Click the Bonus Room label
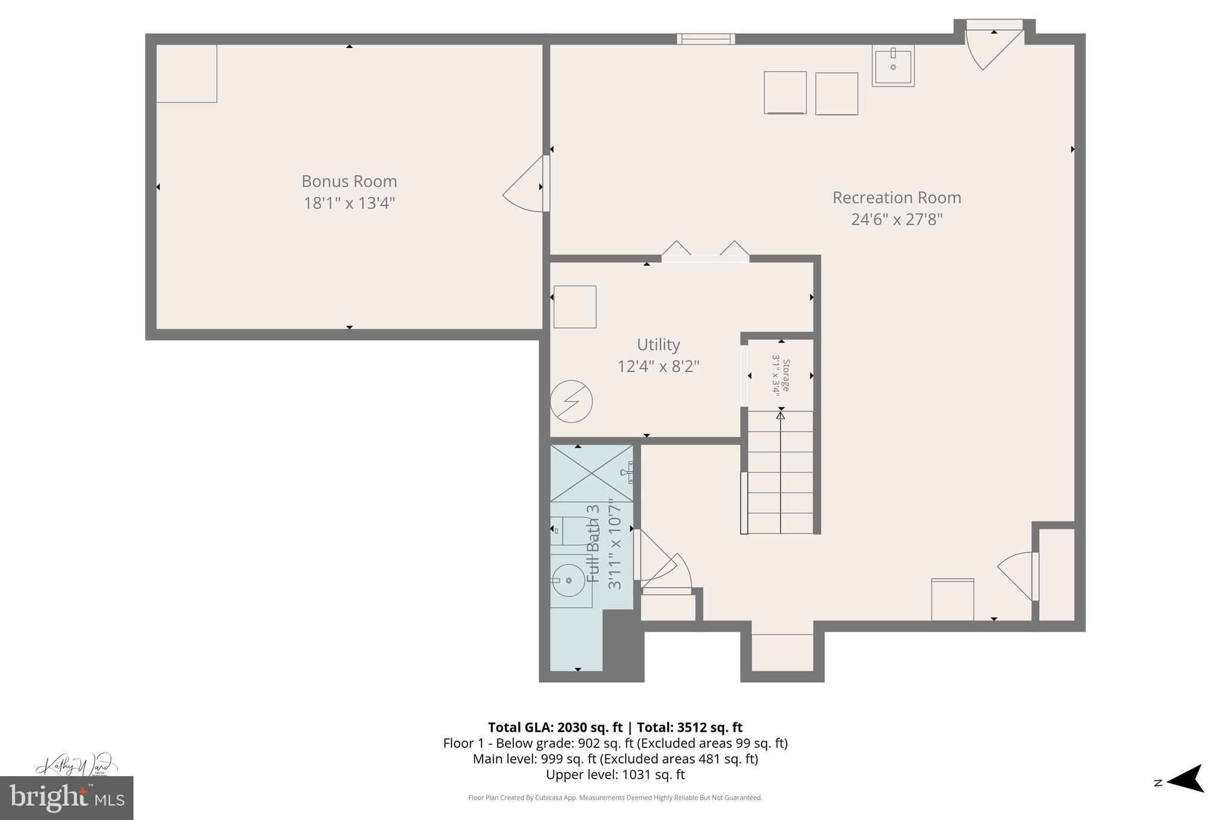click(349, 181)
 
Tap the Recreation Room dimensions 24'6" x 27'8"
click(896, 219)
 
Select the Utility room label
click(658, 345)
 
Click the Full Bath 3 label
click(593, 543)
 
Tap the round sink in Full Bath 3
click(569, 580)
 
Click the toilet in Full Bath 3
click(568, 531)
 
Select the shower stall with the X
click(591, 473)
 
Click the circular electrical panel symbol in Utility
click(572, 401)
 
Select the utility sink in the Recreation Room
click(893, 65)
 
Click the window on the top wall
click(706, 39)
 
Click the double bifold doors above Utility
click(705, 252)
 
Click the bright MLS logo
click(66, 798)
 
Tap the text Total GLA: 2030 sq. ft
click(555, 727)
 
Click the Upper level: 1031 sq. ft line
click(615, 774)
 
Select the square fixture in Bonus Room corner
click(186, 73)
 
